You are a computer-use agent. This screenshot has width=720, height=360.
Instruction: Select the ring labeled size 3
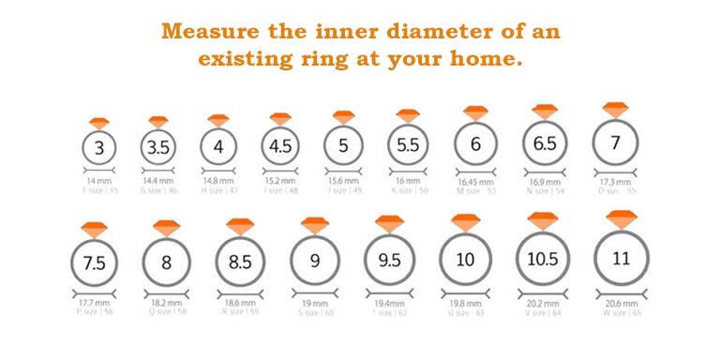(x=99, y=148)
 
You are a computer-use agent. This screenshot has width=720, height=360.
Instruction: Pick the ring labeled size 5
(x=343, y=146)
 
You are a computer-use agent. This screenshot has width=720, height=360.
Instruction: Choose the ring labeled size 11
(x=621, y=257)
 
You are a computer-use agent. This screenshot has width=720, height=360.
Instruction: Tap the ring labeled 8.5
(x=240, y=262)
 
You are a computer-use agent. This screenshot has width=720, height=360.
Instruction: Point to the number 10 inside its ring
(x=465, y=260)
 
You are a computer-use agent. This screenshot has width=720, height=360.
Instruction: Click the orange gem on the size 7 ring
(x=615, y=110)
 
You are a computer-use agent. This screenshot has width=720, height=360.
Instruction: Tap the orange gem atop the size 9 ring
(x=314, y=227)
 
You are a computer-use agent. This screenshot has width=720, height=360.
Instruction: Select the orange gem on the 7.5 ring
(x=95, y=230)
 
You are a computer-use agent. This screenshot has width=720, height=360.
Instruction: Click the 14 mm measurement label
(x=98, y=180)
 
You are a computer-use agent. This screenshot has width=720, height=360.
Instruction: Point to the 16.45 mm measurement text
(x=475, y=180)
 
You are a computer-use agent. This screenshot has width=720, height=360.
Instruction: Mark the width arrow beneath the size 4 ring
(x=217, y=171)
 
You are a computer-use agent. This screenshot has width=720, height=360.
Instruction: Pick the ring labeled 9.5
(x=389, y=262)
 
